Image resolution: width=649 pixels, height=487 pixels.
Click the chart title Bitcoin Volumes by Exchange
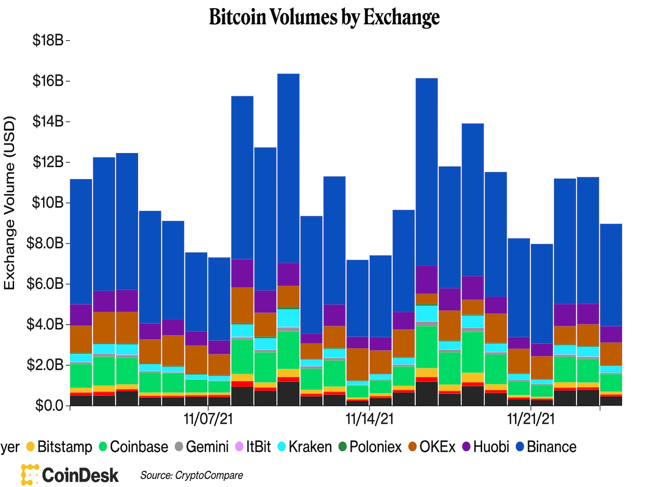(x=324, y=17)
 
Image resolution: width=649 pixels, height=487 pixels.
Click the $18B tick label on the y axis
(x=48, y=41)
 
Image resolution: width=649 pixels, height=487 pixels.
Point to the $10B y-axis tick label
(x=48, y=203)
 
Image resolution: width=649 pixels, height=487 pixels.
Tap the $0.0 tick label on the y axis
(x=50, y=406)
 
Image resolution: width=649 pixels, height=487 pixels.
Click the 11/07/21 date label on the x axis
(x=208, y=419)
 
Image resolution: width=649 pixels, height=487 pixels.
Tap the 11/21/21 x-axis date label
(x=531, y=419)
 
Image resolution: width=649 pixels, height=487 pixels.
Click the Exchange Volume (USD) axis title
(x=10, y=203)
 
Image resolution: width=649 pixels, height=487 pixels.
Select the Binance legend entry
(x=546, y=447)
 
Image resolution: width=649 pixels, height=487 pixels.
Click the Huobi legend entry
(x=486, y=447)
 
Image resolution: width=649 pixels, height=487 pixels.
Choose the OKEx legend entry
(x=432, y=447)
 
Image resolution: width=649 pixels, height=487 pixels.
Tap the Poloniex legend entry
(x=370, y=447)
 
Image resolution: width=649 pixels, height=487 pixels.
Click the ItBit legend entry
(x=253, y=447)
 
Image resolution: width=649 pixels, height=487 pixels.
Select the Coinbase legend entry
(x=133, y=447)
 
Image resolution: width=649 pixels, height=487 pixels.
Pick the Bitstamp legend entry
(x=59, y=447)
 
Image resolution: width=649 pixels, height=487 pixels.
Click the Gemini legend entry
(x=202, y=447)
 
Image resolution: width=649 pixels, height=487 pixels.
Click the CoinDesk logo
(x=70, y=475)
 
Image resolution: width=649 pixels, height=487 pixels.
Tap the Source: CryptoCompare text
(x=192, y=475)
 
